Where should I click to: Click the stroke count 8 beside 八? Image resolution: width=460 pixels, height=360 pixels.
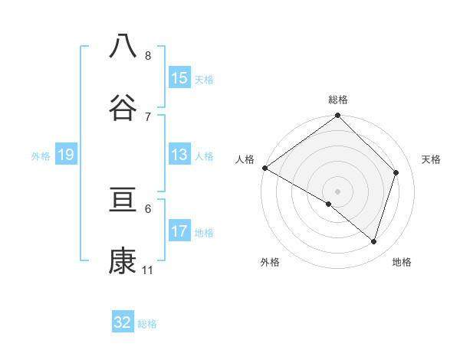pos(148,56)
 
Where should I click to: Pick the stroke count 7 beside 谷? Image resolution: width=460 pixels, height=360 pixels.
pos(148,116)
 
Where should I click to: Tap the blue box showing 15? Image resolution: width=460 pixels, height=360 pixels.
pos(179,78)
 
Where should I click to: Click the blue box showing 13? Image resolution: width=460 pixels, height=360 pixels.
pos(179,155)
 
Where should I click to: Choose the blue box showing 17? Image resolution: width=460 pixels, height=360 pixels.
pos(179,231)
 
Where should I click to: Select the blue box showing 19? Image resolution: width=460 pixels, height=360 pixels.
pos(65,155)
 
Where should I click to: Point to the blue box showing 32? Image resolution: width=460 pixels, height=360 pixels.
pos(123,322)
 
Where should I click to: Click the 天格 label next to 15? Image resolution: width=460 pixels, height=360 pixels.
pos(204,79)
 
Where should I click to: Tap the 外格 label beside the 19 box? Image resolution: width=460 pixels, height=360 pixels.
pos(41,156)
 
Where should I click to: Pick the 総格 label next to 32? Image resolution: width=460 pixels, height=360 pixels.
pos(147,323)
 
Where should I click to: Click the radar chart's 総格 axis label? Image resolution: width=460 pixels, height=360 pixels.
pos(338,100)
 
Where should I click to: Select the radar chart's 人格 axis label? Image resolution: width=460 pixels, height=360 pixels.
pos(245,159)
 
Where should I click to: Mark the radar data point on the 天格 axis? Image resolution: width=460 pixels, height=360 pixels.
pos(396,172)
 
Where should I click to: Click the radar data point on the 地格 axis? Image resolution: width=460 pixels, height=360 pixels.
pos(374,241)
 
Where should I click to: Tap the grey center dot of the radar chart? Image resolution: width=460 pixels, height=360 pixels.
pos(338,191)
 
